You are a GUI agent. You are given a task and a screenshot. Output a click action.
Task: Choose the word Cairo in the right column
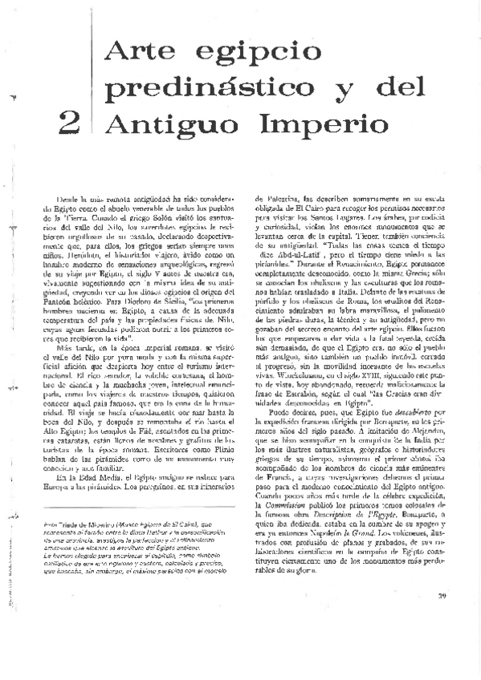(328, 205)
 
